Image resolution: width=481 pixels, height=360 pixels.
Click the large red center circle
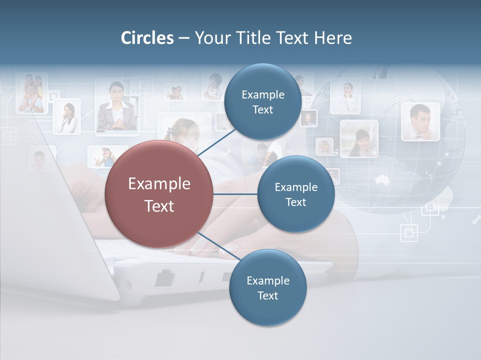[159, 194]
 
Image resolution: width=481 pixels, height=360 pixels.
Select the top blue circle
[263, 102]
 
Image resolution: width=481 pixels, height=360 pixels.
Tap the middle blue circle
[296, 194]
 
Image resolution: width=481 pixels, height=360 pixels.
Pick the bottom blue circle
[268, 287]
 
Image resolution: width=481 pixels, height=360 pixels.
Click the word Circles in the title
[147, 38]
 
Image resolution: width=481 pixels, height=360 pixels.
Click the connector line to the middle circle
[235, 194]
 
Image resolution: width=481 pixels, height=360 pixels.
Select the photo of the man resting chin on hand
[420, 121]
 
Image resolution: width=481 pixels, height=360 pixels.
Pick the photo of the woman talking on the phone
[67, 116]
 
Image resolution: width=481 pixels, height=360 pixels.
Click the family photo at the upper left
[31, 93]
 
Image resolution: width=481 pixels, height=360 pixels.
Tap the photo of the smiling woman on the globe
[359, 138]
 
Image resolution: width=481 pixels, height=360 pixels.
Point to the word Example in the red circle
[159, 184]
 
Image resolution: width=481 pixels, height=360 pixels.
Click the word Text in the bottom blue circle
[268, 295]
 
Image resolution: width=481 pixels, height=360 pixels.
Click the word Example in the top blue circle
[263, 94]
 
